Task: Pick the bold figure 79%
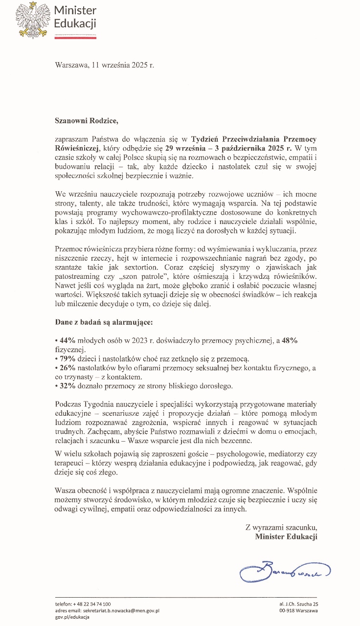click(66, 359)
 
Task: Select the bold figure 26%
click(66, 368)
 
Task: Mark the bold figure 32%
click(66, 386)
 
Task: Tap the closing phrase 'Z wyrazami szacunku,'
click(281, 527)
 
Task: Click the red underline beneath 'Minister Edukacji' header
click(75, 36)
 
